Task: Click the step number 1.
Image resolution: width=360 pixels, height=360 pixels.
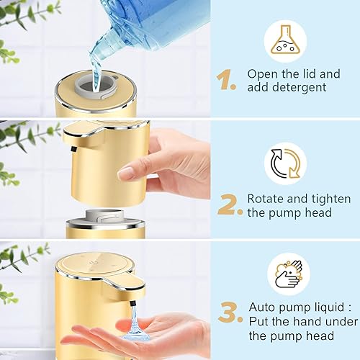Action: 227,81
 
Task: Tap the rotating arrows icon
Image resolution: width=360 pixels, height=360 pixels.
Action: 285,163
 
